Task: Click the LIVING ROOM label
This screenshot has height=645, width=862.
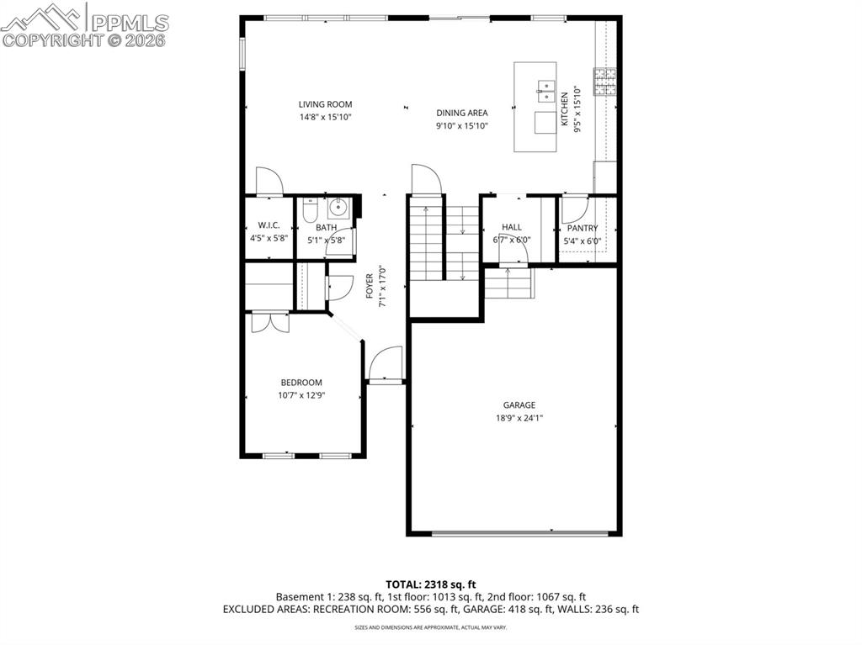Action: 325,104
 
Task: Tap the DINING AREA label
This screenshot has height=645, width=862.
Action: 461,113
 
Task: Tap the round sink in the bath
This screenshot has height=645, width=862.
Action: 339,207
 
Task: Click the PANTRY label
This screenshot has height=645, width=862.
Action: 582,228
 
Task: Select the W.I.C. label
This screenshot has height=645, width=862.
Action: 269,226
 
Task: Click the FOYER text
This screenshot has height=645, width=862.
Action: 370,286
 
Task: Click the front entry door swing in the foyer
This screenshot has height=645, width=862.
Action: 385,364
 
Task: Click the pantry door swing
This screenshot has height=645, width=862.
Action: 573,209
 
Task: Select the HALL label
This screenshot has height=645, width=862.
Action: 511,227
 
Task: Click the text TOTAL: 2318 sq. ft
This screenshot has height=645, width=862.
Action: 431,584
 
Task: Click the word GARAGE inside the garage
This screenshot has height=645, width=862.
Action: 519,405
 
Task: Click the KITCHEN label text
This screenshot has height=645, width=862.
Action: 565,108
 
